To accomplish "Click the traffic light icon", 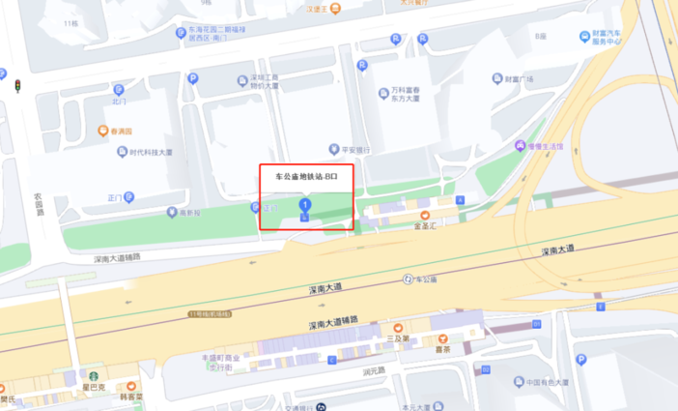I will (17, 86).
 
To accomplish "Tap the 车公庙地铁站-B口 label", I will (306, 177).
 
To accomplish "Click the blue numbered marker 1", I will (305, 206).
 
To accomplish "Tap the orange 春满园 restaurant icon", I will (103, 131).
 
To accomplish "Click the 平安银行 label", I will (355, 150).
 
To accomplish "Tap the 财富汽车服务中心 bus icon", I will (585, 37).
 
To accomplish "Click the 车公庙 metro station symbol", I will (408, 279).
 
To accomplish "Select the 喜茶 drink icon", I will (443, 340).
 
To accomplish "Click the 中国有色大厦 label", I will (547, 381).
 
